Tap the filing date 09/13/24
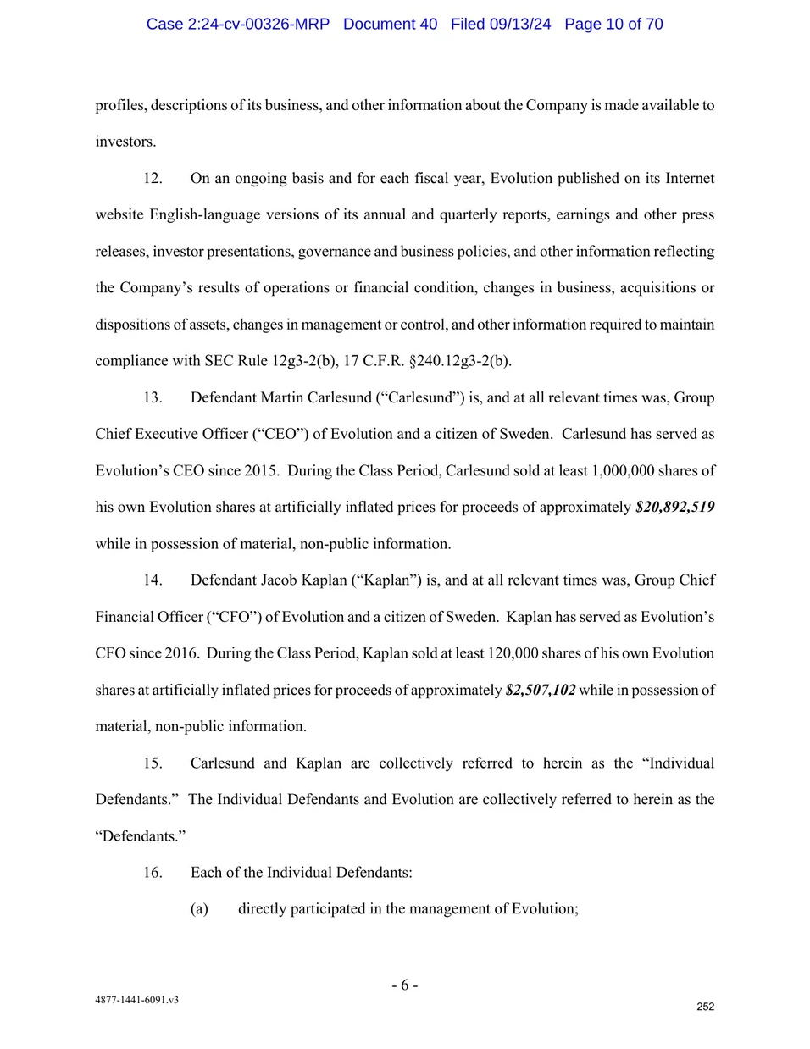pyautogui.click(x=519, y=24)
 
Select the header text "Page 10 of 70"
pyautogui.click(x=613, y=24)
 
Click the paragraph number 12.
pyautogui.click(x=153, y=178)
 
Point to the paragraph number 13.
pyautogui.click(x=153, y=397)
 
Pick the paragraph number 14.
pyautogui.click(x=153, y=580)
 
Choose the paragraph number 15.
pyautogui.click(x=153, y=763)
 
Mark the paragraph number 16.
pyautogui.click(x=153, y=872)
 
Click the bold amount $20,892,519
pyautogui.click(x=674, y=507)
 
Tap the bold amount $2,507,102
pyautogui.click(x=541, y=690)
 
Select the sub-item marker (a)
pyautogui.click(x=199, y=908)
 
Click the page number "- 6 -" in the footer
pyautogui.click(x=404, y=985)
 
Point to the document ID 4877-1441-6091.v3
pyautogui.click(x=136, y=1000)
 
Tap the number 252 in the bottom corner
pyautogui.click(x=705, y=1007)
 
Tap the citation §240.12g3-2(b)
pyautogui.click(x=460, y=361)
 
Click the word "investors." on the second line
pyautogui.click(x=125, y=142)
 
